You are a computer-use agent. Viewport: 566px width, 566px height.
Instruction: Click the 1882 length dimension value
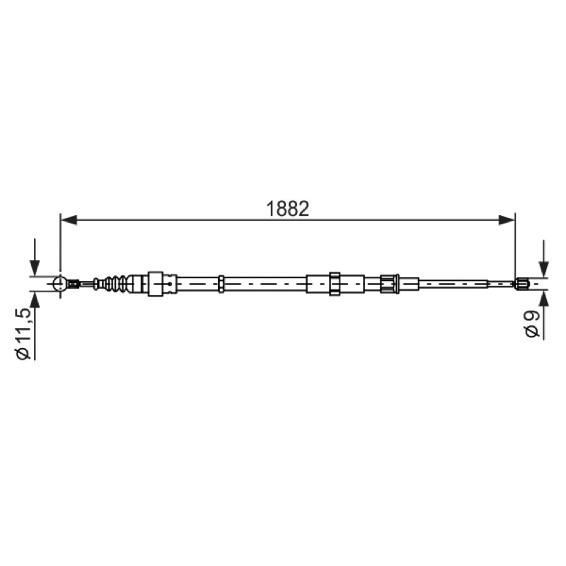(x=287, y=209)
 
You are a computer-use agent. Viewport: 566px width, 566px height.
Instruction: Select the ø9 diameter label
(x=533, y=324)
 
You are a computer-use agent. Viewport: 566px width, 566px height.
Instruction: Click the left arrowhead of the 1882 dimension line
(x=69, y=219)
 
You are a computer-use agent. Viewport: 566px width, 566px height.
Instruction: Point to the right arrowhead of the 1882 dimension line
(x=507, y=219)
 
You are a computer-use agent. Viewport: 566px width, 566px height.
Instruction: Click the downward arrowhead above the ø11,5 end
(x=35, y=267)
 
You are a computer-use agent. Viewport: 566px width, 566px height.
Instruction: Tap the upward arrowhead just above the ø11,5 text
(x=35, y=300)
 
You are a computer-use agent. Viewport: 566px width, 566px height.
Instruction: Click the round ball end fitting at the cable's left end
(x=60, y=284)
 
